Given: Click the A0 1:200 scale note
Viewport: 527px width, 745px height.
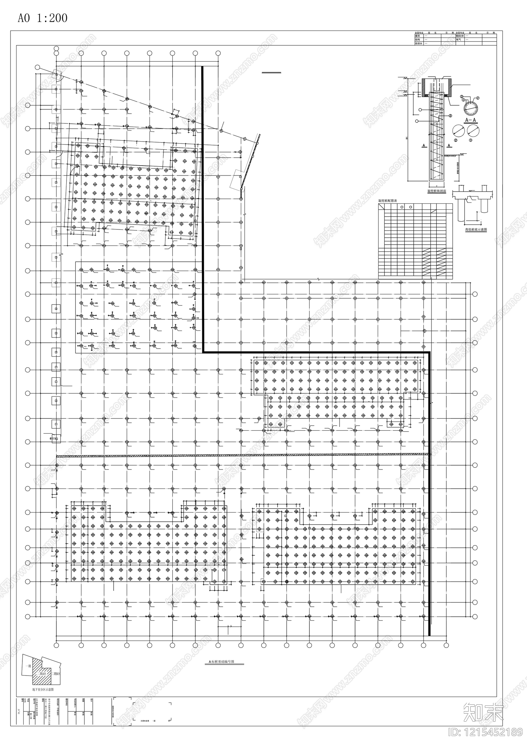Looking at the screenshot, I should click(x=42, y=18).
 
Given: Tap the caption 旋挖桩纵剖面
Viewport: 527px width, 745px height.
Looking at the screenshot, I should click(x=436, y=191).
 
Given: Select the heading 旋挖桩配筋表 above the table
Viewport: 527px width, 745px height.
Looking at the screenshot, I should click(x=387, y=200).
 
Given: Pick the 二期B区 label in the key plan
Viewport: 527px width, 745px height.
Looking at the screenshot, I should click(x=55, y=674).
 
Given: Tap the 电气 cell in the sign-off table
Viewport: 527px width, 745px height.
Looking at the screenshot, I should click(x=458, y=40).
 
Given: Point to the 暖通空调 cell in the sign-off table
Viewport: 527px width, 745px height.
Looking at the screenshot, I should click(x=460, y=36).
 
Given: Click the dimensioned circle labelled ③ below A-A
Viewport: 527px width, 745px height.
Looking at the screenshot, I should click(x=473, y=131).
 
